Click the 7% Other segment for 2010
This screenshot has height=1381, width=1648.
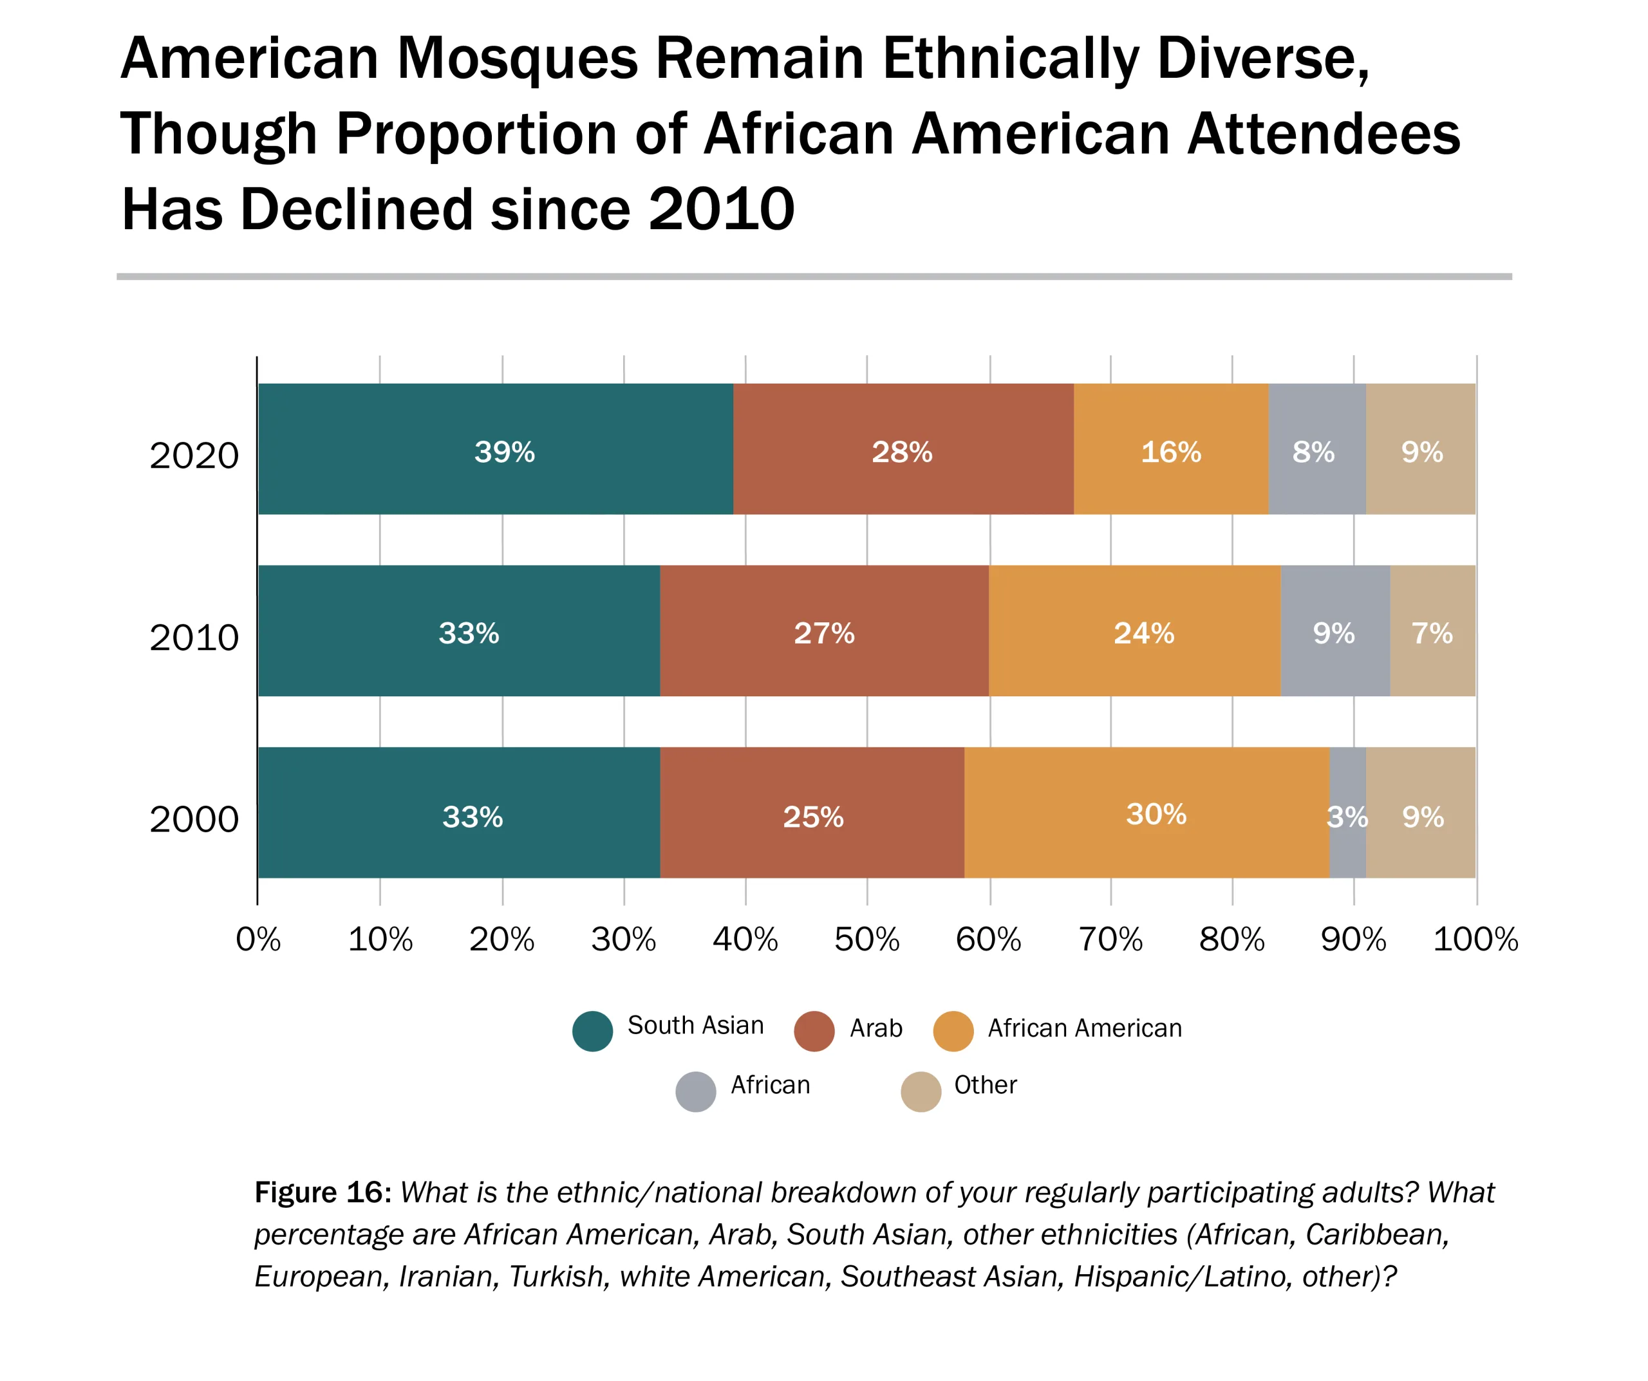click(1433, 631)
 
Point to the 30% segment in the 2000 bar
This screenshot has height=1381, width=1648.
click(1147, 813)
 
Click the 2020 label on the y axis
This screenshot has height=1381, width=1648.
click(194, 456)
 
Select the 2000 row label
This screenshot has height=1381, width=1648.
click(194, 820)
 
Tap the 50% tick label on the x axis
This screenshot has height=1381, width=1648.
click(866, 940)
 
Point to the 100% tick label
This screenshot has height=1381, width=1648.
click(1475, 940)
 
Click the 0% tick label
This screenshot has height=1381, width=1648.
click(258, 940)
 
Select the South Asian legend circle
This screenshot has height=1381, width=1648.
click(592, 1031)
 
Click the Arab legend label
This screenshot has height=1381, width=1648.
click(876, 1028)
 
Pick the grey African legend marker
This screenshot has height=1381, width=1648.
click(696, 1091)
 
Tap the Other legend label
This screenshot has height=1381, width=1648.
click(985, 1085)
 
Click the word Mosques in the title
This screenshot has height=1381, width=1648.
click(517, 59)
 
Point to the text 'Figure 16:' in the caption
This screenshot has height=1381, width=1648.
click(323, 1192)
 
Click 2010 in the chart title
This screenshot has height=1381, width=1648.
click(721, 210)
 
